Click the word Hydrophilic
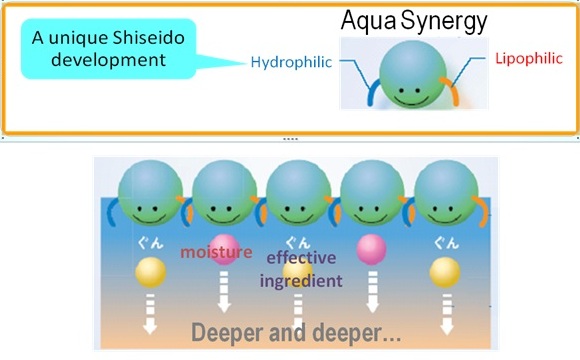tap(291, 63)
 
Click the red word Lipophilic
tap(529, 59)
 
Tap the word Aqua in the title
tap(369, 21)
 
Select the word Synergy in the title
tap(444, 21)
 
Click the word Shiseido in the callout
tap(148, 38)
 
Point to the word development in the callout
tap(108, 60)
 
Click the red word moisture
tap(216, 252)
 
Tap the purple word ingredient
tap(301, 281)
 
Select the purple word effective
tap(301, 257)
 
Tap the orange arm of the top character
tap(451, 91)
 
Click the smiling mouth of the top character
tap(411, 101)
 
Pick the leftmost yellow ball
tap(150, 273)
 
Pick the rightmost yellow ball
tap(445, 273)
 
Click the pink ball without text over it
tap(372, 249)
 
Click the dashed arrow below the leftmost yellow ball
tap(150, 314)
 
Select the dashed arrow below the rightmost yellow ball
tap(447, 314)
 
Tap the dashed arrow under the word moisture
tap(224, 292)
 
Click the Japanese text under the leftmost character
tap(150, 243)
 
